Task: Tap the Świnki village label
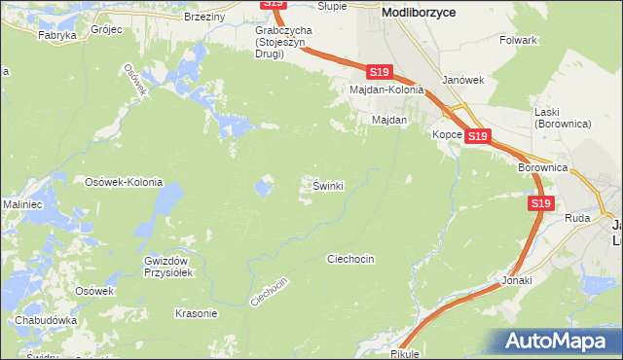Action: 328,185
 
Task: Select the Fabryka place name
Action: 56,35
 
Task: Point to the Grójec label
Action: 106,30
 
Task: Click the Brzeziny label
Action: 203,17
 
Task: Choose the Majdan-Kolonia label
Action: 387,90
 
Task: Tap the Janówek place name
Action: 462,80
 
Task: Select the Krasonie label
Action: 195,313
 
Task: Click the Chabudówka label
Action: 46,319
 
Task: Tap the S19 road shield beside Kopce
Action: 477,137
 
